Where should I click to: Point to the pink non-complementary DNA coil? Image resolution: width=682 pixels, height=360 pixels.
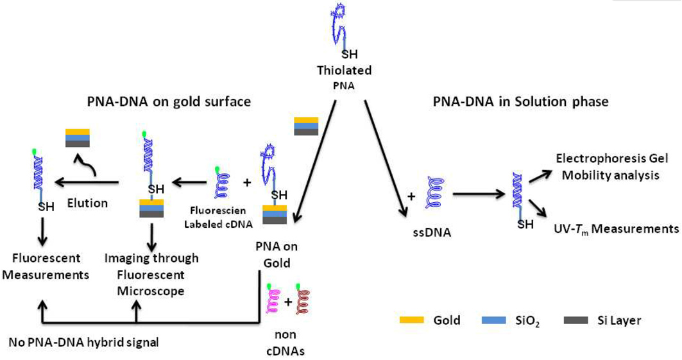coord(273,300)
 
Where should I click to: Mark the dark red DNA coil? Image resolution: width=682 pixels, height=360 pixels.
coord(302,300)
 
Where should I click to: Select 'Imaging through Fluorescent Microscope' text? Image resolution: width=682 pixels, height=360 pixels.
coord(151,274)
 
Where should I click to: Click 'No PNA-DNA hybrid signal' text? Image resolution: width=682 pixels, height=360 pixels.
coord(83,342)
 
